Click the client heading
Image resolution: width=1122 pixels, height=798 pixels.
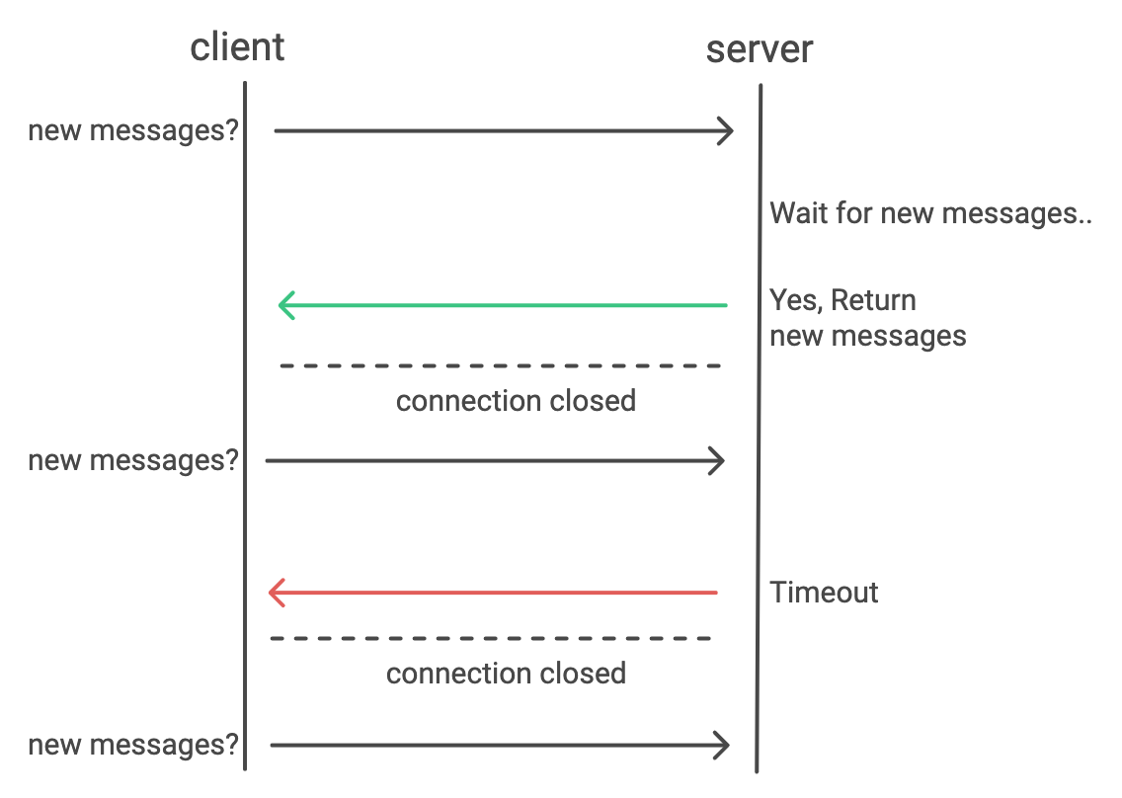(x=237, y=46)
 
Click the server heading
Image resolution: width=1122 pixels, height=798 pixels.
(x=759, y=48)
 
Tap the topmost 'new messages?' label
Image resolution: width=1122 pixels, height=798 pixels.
(x=133, y=130)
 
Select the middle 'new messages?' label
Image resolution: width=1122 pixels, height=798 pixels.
(x=133, y=460)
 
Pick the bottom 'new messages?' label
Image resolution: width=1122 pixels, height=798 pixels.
(x=133, y=745)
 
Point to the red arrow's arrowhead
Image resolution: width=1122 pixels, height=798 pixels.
(x=276, y=593)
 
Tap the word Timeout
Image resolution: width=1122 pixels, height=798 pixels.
(x=824, y=593)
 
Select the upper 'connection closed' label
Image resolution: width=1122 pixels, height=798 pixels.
(x=516, y=401)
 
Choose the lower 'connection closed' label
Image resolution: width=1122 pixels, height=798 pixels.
(x=506, y=674)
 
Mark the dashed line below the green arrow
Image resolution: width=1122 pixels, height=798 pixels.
(x=501, y=366)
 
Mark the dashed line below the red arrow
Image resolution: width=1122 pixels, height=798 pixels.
(x=491, y=638)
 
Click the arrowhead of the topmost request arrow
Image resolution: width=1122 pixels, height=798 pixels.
(x=727, y=130)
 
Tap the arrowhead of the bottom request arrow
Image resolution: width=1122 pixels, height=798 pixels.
(x=722, y=745)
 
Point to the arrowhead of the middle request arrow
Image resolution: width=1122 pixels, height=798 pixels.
(x=718, y=460)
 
